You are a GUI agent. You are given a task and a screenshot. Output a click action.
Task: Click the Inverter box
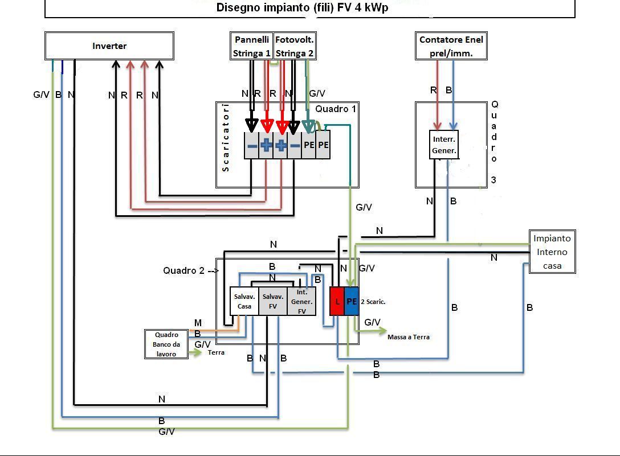[109, 46]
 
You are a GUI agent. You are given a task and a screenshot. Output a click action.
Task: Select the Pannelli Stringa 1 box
[251, 46]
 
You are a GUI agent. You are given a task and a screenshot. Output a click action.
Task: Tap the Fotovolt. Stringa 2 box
[295, 46]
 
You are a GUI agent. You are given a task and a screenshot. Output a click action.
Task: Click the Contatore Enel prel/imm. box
[451, 46]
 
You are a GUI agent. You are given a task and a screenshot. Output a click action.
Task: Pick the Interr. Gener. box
[444, 145]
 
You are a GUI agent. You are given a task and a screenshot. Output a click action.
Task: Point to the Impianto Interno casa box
[552, 252]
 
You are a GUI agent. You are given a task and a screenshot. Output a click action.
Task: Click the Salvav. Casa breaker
[244, 301]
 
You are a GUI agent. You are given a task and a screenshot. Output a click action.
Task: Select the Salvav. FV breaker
[273, 301]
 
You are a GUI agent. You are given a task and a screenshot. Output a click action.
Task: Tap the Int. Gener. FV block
[301, 301]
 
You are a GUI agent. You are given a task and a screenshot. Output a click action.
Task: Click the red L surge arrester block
[337, 301]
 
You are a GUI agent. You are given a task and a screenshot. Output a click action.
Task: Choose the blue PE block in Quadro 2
[352, 301]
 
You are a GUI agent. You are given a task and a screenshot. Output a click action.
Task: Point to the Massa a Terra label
[409, 337]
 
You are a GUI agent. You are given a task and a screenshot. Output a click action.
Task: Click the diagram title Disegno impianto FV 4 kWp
[302, 8]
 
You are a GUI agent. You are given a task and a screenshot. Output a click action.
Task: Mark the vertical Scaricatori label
[226, 137]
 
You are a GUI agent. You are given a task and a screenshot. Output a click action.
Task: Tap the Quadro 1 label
[336, 109]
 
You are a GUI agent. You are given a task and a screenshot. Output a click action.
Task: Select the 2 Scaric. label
[373, 302]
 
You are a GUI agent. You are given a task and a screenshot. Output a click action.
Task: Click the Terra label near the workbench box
[216, 352]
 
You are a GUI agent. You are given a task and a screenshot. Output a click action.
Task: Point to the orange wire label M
[198, 323]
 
